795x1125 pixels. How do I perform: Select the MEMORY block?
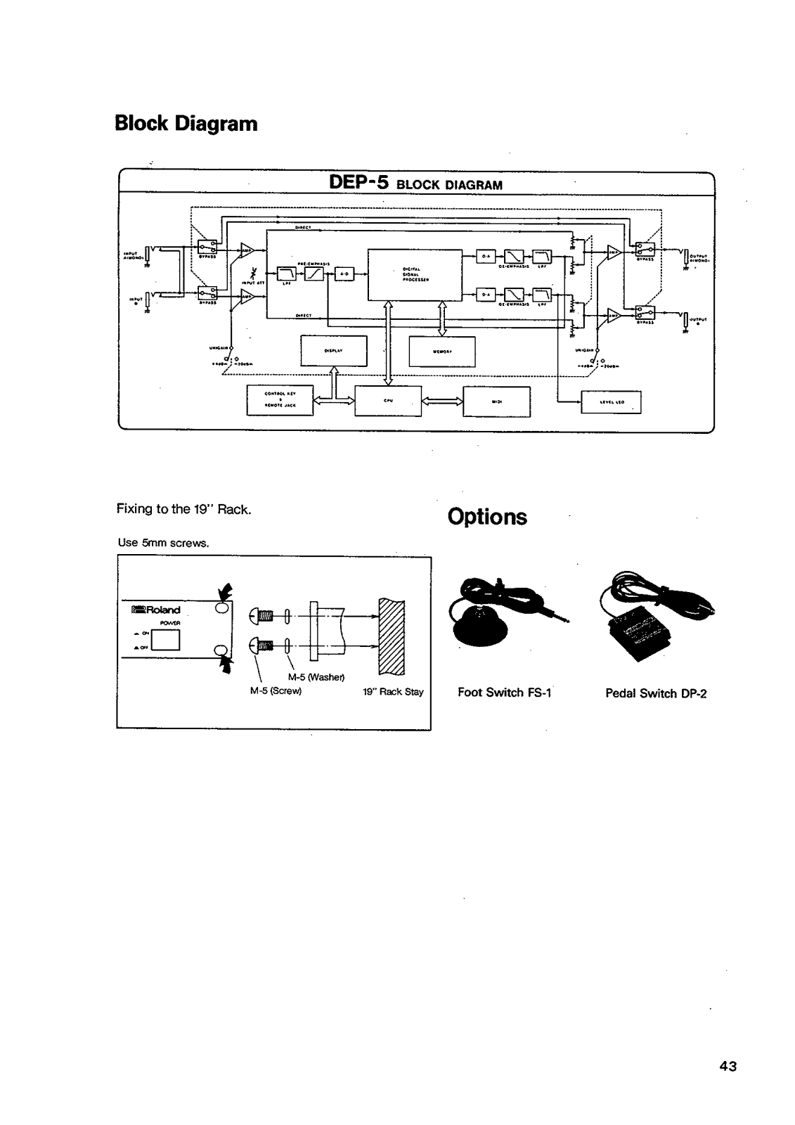[441, 352]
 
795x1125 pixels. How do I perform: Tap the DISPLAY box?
[333, 351]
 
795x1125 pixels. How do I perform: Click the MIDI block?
[496, 401]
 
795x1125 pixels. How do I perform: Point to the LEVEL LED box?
[610, 402]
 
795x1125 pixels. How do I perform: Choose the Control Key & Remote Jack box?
[279, 401]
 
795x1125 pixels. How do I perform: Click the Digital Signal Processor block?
[415, 274]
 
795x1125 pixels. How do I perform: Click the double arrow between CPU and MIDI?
[442, 401]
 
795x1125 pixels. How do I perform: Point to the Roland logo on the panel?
[156, 610]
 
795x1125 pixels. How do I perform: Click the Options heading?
[487, 517]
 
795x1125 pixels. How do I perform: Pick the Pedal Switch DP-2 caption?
[655, 693]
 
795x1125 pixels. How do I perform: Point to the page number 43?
[728, 1067]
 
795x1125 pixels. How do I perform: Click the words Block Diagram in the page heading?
[186, 124]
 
